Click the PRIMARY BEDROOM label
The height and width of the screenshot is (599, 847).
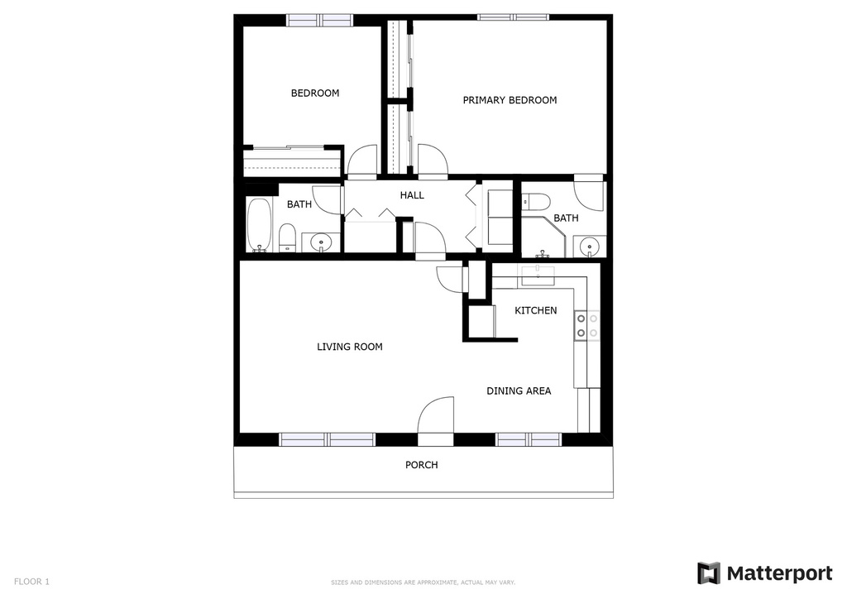pos(510,100)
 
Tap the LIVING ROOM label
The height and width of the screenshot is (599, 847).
pos(350,347)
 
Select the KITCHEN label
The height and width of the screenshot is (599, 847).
pos(536,310)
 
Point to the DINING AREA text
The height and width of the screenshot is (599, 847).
pos(519,391)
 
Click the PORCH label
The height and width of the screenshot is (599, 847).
pos(421,465)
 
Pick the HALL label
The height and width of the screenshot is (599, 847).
pos(412,195)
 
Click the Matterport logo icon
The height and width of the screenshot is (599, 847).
pos(709,573)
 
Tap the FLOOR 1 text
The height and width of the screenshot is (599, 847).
pos(31,582)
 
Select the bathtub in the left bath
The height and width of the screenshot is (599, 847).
pos(259,224)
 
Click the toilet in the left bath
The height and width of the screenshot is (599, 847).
pos(287,237)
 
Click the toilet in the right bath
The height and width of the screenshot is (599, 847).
pos(536,200)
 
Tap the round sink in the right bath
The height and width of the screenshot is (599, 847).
pos(590,245)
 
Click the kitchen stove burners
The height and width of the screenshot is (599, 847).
pos(587,325)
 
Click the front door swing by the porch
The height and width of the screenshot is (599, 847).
pos(436,415)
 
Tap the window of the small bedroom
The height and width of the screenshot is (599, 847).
pos(319,19)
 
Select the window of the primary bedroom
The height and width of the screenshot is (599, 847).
pos(513,17)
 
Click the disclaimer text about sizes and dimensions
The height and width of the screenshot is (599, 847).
pos(423,582)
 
